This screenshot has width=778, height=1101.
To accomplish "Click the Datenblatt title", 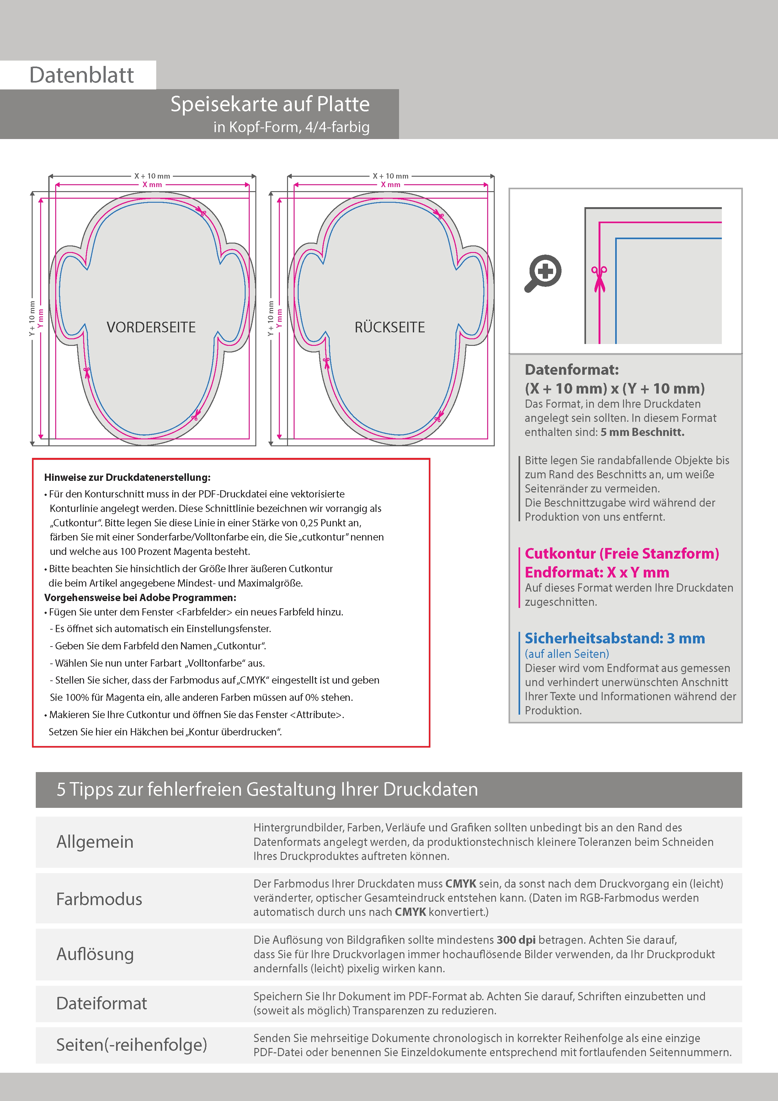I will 82,75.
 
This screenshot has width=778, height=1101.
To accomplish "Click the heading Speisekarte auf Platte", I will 270,104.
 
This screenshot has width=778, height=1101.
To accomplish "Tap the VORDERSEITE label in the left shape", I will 151,328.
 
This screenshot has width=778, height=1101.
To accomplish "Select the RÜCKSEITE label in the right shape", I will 390,328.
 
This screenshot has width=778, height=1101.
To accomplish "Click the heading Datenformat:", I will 571,370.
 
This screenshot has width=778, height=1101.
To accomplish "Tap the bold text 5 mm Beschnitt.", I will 642,432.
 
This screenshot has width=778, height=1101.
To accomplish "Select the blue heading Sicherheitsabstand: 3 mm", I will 615,638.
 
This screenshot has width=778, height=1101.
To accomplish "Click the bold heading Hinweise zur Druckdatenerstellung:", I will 127,478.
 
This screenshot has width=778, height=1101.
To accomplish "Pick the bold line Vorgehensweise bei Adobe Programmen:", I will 140,598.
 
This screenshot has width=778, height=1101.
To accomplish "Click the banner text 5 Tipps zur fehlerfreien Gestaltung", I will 267,789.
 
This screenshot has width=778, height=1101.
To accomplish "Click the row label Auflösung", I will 95,954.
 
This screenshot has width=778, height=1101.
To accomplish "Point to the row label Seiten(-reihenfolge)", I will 131,1045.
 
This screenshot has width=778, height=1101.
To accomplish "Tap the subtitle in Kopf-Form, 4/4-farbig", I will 291,127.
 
